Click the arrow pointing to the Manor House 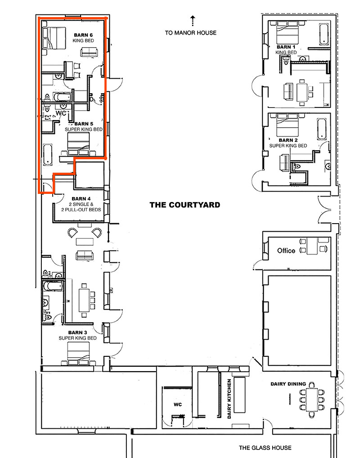coord(192,20)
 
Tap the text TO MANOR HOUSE coord(190,32)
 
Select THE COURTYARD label coord(185,205)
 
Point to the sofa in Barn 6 coord(88,52)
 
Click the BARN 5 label coord(84,124)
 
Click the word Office coord(286,251)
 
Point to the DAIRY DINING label coord(288,384)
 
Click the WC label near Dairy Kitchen coord(177,404)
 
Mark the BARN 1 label coord(286,47)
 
